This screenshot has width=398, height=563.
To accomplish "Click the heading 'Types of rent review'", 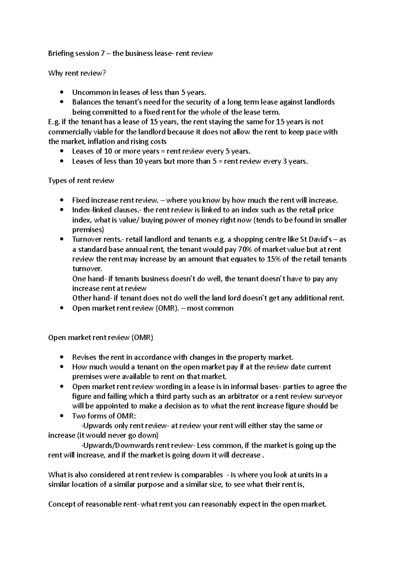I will click(x=81, y=181).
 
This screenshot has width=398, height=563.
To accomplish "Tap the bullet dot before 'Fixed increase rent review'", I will click(x=62, y=200).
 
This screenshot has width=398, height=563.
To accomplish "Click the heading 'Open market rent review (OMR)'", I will click(x=101, y=338).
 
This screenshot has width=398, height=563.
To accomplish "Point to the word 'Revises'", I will click(x=84, y=357).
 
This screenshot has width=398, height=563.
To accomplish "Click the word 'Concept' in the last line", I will click(x=61, y=504).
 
